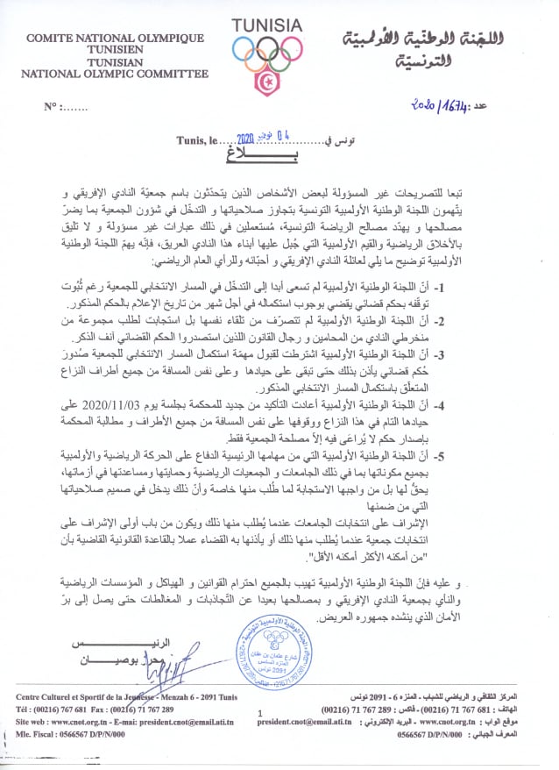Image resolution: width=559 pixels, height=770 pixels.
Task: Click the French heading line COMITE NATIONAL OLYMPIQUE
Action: point(116,39)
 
